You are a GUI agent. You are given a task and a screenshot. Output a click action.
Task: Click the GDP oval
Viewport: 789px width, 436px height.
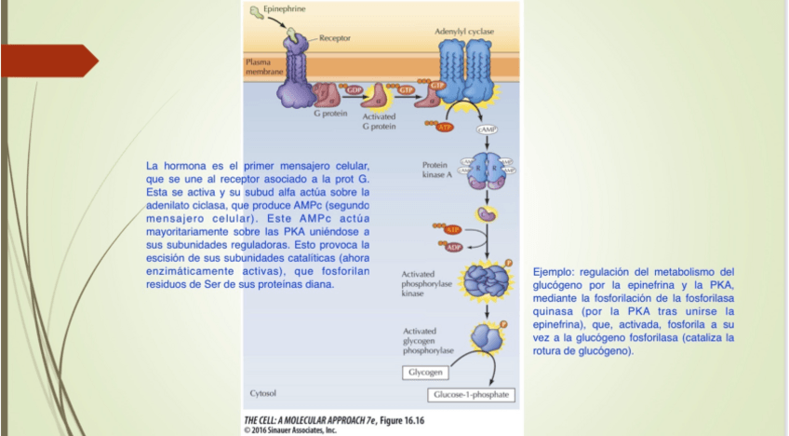point(354,88)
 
